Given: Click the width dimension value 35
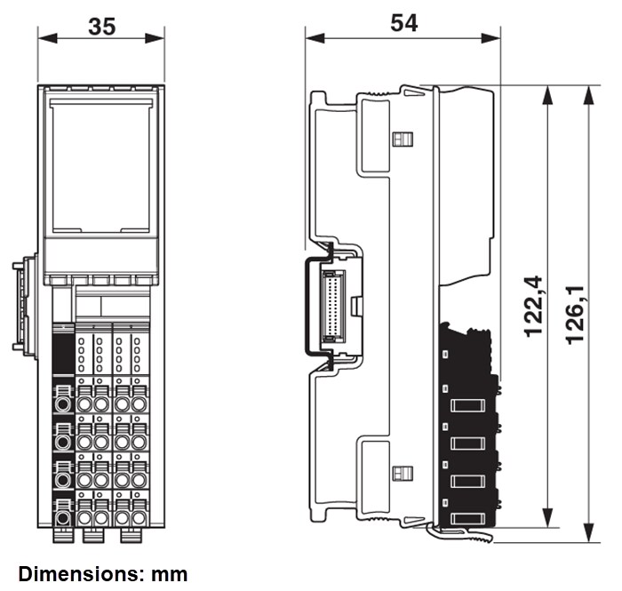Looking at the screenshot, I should click(101, 26).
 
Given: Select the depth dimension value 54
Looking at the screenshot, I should click(403, 24).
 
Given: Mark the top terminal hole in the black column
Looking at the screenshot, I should click(63, 399).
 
